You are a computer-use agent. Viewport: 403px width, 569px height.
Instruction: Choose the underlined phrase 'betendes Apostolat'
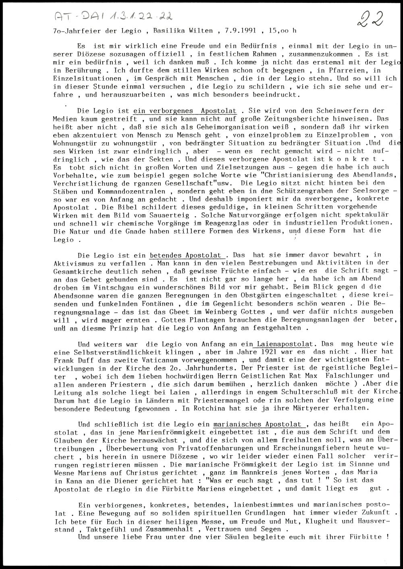[185, 255]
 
